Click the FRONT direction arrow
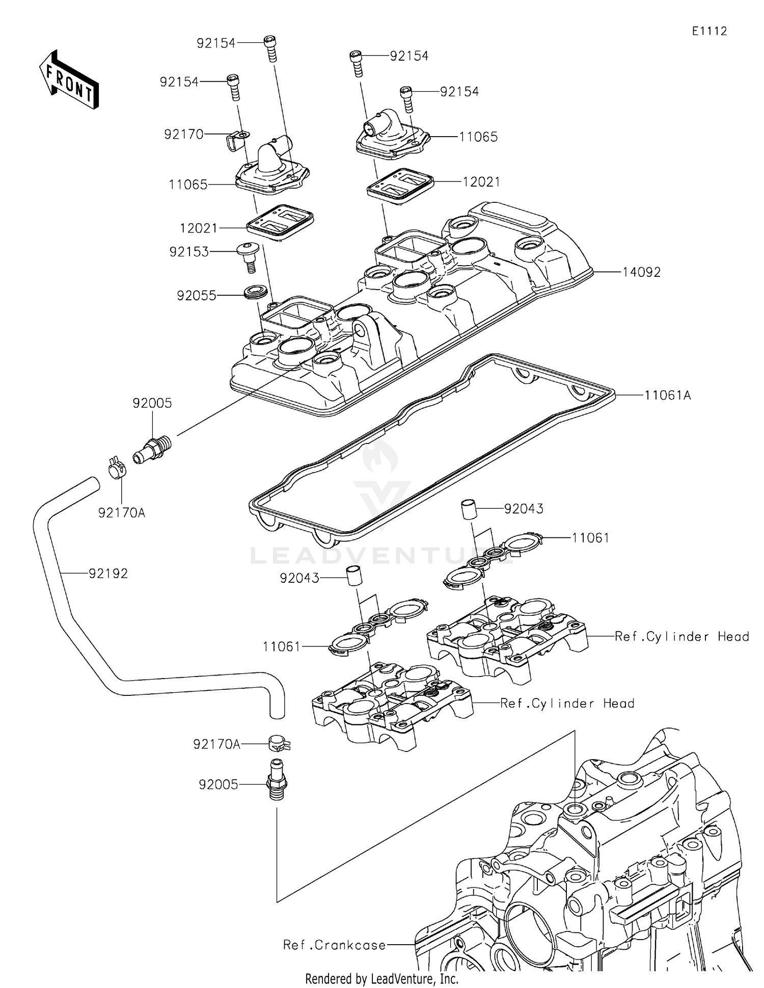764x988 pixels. click(x=69, y=80)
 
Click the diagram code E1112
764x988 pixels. click(x=709, y=31)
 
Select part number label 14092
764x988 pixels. click(x=641, y=272)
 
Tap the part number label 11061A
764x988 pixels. click(x=667, y=395)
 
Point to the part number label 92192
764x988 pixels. click(x=108, y=574)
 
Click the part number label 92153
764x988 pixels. click(x=189, y=251)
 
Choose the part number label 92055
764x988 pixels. click(x=196, y=296)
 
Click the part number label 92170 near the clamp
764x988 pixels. click(x=183, y=134)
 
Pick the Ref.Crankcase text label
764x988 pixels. click(x=334, y=945)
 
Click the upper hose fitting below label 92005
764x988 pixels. click(x=153, y=448)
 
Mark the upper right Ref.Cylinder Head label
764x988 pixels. click(x=681, y=636)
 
